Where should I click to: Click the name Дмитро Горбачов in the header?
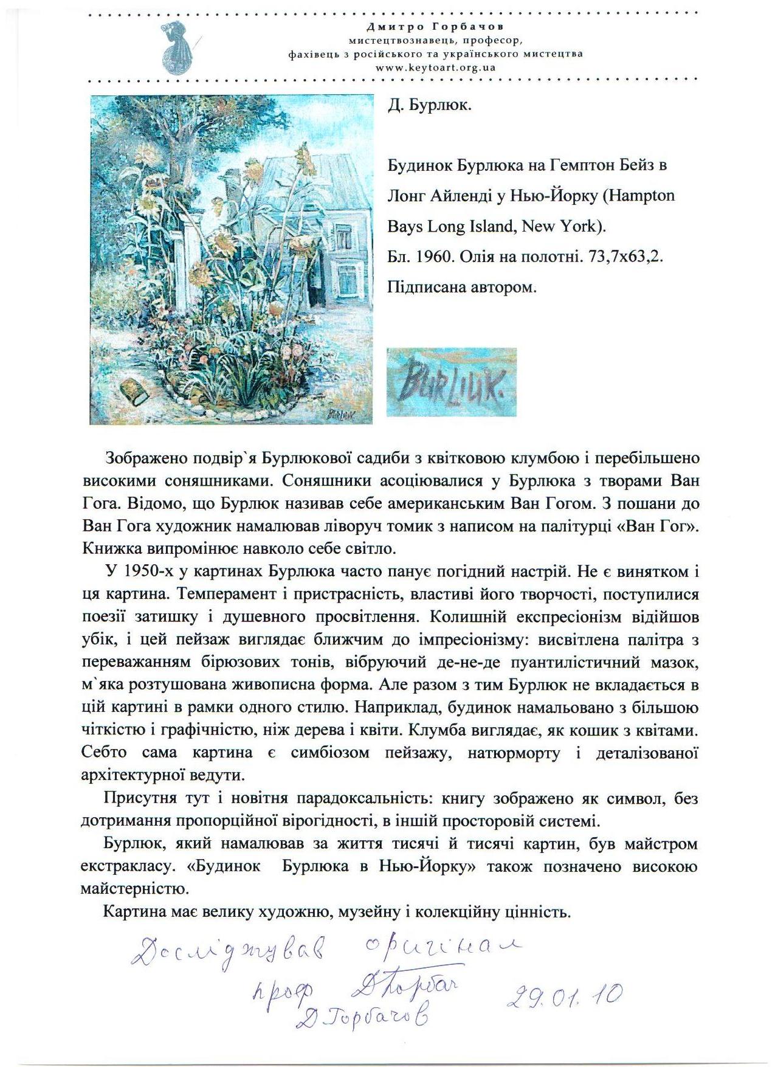point(435,27)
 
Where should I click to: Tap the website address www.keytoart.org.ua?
point(435,67)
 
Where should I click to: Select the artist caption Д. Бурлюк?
point(430,105)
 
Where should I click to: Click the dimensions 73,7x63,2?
point(625,257)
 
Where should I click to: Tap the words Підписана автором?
point(462,287)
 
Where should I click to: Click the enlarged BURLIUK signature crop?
point(451,382)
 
